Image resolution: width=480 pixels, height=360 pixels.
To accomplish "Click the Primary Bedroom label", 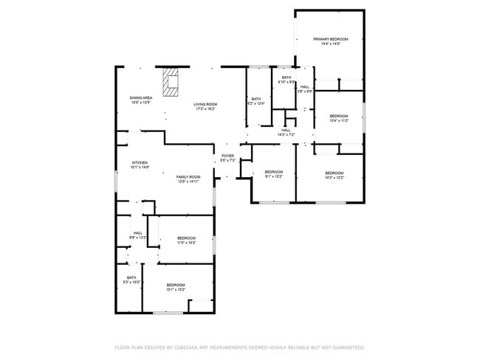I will (330, 41).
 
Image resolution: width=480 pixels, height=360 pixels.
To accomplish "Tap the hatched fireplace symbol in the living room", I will (171, 83).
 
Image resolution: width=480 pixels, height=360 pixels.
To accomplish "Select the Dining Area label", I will (140, 100).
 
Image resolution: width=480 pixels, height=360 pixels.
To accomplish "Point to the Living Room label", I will (205, 107).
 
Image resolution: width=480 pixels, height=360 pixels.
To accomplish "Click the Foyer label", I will (227, 158).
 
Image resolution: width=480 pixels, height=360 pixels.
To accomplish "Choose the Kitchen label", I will (140, 165).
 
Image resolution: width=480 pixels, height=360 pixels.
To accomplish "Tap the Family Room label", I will (188, 179).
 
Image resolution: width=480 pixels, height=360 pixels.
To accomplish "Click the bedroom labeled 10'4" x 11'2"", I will (338, 118).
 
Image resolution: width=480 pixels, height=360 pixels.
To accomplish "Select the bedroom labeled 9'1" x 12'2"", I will (273, 175).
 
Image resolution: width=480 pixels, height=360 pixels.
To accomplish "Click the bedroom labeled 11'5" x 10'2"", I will (186, 240).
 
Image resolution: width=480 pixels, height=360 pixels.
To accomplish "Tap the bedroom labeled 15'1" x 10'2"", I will (175, 287).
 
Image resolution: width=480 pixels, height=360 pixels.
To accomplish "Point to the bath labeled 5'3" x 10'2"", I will (130, 280).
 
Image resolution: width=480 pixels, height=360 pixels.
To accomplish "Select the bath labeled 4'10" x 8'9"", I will (286, 80).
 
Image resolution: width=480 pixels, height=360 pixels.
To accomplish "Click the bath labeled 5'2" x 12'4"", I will (256, 101).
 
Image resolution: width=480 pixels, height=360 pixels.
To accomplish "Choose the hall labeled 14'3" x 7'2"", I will (286, 133).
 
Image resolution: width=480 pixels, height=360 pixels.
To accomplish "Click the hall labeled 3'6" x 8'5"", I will (305, 89).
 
